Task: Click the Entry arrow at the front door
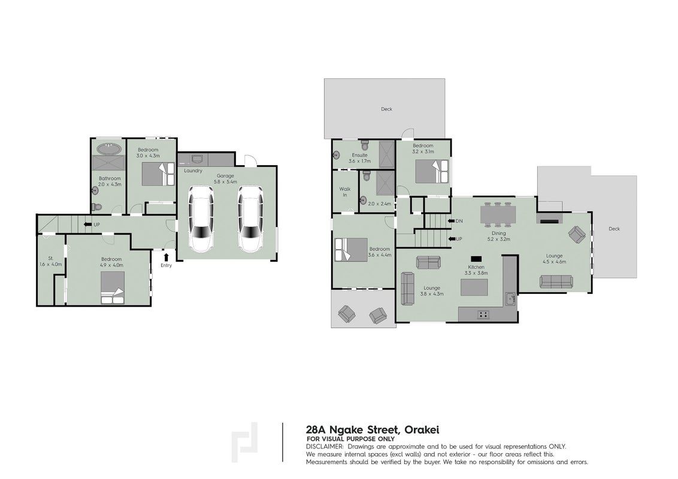(x=166, y=257)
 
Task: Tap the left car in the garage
(x=201, y=219)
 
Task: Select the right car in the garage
(x=250, y=219)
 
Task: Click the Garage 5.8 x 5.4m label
(x=225, y=179)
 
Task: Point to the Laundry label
(x=193, y=171)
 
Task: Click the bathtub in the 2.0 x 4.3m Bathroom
(x=108, y=148)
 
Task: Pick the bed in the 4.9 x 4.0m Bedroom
(x=113, y=287)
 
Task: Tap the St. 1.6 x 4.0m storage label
(x=50, y=261)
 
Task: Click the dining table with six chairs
(x=498, y=214)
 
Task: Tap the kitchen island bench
(x=474, y=287)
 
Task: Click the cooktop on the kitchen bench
(x=483, y=315)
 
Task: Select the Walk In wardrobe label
(x=344, y=192)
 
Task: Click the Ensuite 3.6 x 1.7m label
(x=360, y=158)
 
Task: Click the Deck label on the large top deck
(x=386, y=109)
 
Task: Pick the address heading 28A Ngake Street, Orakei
(x=373, y=430)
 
